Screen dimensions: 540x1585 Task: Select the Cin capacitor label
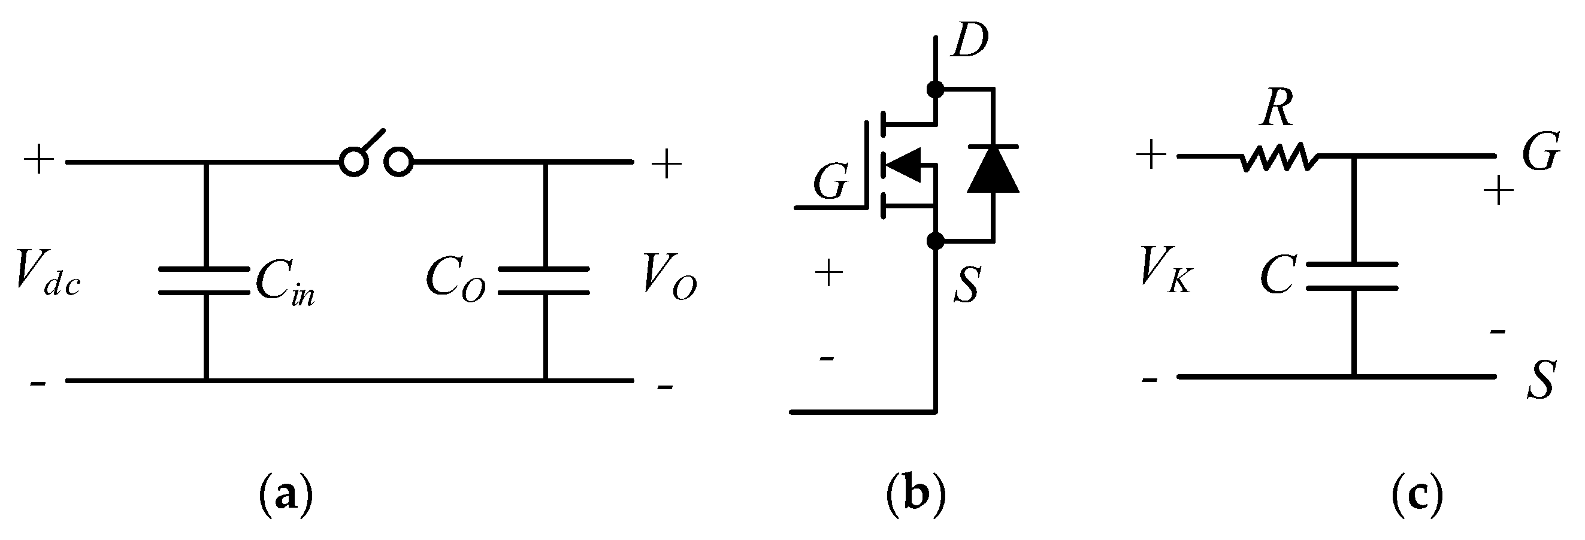click(x=285, y=286)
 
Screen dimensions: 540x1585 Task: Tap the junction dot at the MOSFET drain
click(x=934, y=90)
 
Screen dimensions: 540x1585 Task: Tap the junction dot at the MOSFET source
click(x=934, y=241)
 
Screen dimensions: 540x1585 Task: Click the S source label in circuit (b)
click(x=966, y=286)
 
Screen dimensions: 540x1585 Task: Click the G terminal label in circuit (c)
click(x=1541, y=151)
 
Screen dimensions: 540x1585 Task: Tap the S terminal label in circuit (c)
click(x=1541, y=380)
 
